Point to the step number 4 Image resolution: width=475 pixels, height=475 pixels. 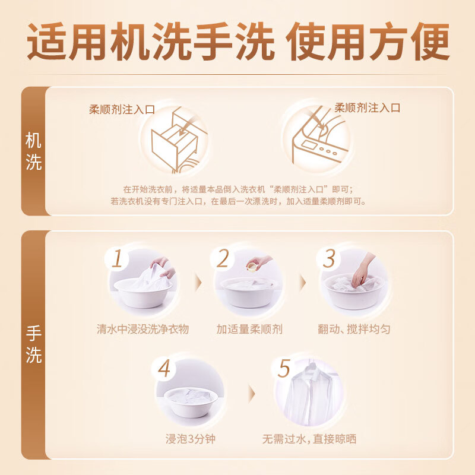pos(164,368)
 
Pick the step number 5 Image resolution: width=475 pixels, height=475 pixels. pos(284,368)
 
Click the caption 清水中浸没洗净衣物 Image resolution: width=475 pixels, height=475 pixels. pos(142,329)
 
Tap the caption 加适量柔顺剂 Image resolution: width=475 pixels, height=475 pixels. pos(249,329)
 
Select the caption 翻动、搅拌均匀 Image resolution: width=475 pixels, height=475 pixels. pos(354,329)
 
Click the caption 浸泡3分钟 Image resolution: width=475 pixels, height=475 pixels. pos(186,439)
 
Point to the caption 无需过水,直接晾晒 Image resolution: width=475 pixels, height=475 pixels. pos(309,439)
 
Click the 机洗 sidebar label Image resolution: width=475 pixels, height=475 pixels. pos(34,151)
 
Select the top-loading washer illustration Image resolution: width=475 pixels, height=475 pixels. pos(316,140)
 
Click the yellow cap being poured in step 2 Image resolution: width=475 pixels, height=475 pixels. pos(253,268)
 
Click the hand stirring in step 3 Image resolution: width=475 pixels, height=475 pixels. pos(360,273)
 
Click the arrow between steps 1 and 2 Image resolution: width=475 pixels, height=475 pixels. pos(197,282)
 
